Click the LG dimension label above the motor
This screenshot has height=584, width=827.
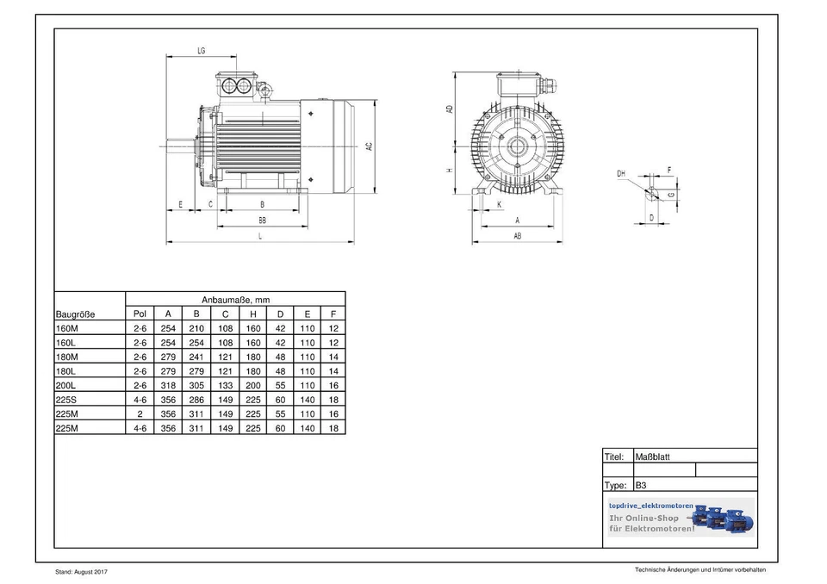[201, 52]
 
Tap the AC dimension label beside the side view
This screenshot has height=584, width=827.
[370, 146]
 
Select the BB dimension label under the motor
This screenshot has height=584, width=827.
[262, 221]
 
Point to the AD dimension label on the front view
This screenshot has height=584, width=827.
[449, 109]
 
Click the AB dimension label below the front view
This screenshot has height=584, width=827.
[517, 235]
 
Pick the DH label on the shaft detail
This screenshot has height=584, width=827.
[621, 174]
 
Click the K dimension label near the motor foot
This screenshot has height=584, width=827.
[501, 204]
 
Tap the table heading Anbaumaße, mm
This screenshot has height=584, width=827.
[235, 299]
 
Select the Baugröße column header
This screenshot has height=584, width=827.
[76, 314]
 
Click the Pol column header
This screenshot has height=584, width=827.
[140, 314]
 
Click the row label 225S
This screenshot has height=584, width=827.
[67, 400]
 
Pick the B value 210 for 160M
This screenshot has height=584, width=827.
[196, 328]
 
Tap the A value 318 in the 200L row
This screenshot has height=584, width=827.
[168, 385]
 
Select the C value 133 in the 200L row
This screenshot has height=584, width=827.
[225, 385]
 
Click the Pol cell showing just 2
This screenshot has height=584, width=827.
[140, 413]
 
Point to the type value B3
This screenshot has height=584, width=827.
[641, 485]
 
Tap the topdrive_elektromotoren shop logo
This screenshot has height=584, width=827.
[680, 517]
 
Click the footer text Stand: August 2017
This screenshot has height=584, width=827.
[82, 572]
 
